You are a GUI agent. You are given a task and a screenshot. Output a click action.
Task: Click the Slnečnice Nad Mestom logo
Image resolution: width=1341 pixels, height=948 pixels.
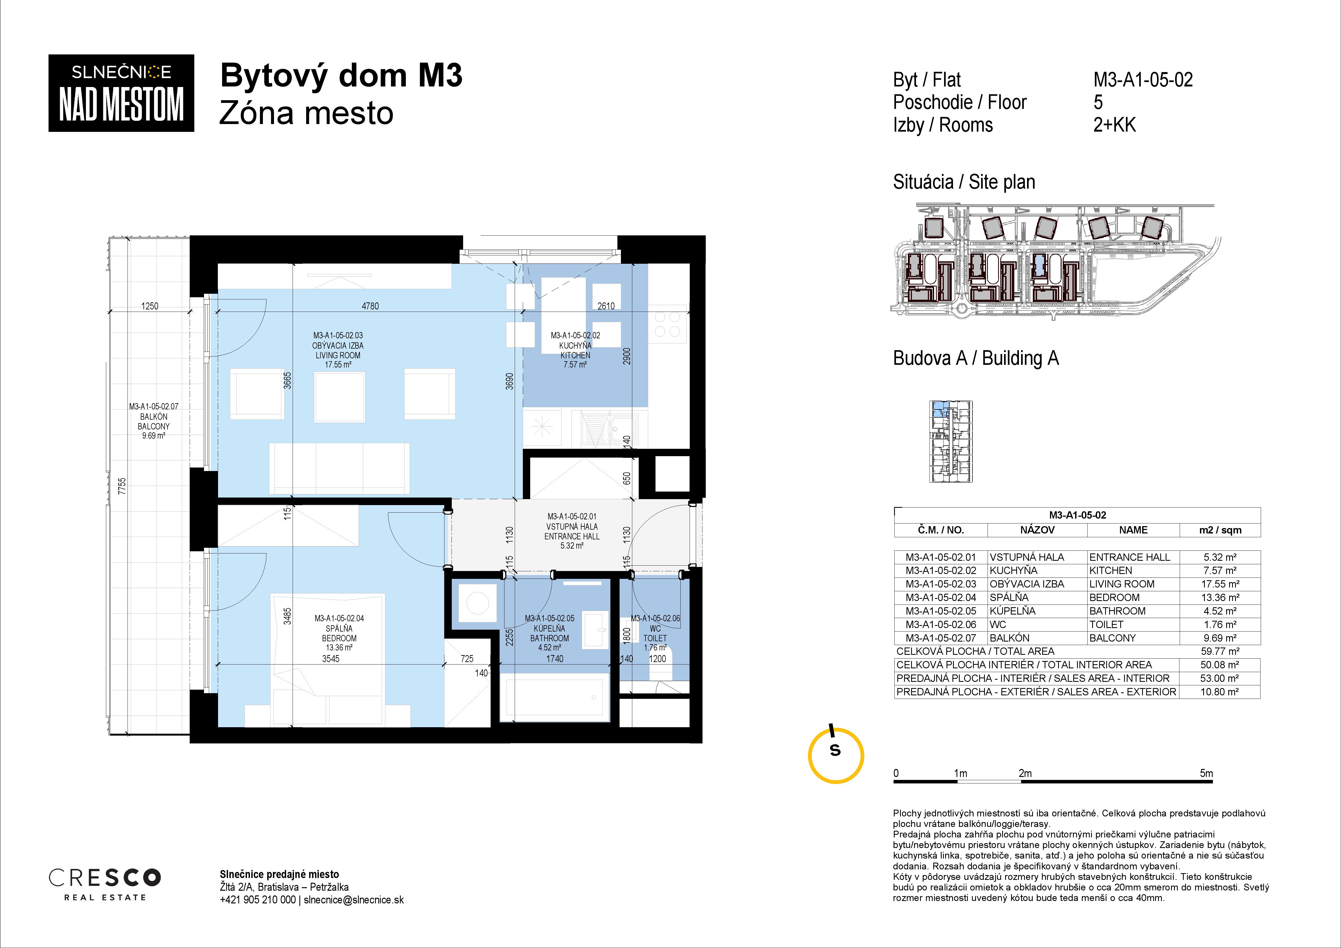click(x=121, y=93)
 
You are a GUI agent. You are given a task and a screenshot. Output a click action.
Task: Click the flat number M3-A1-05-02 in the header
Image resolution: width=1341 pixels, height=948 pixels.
click(x=1143, y=79)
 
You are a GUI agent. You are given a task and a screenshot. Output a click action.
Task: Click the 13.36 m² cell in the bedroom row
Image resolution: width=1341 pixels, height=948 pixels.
click(x=1220, y=597)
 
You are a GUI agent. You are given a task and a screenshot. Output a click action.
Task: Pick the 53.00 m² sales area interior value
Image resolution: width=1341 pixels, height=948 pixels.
click(x=1220, y=678)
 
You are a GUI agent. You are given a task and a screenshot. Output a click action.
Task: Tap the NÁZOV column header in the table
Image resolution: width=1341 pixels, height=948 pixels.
click(x=1037, y=530)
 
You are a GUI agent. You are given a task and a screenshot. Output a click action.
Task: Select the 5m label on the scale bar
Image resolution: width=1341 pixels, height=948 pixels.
click(x=1206, y=773)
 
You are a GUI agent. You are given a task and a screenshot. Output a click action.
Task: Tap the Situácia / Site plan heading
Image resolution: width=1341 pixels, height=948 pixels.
click(x=964, y=182)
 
